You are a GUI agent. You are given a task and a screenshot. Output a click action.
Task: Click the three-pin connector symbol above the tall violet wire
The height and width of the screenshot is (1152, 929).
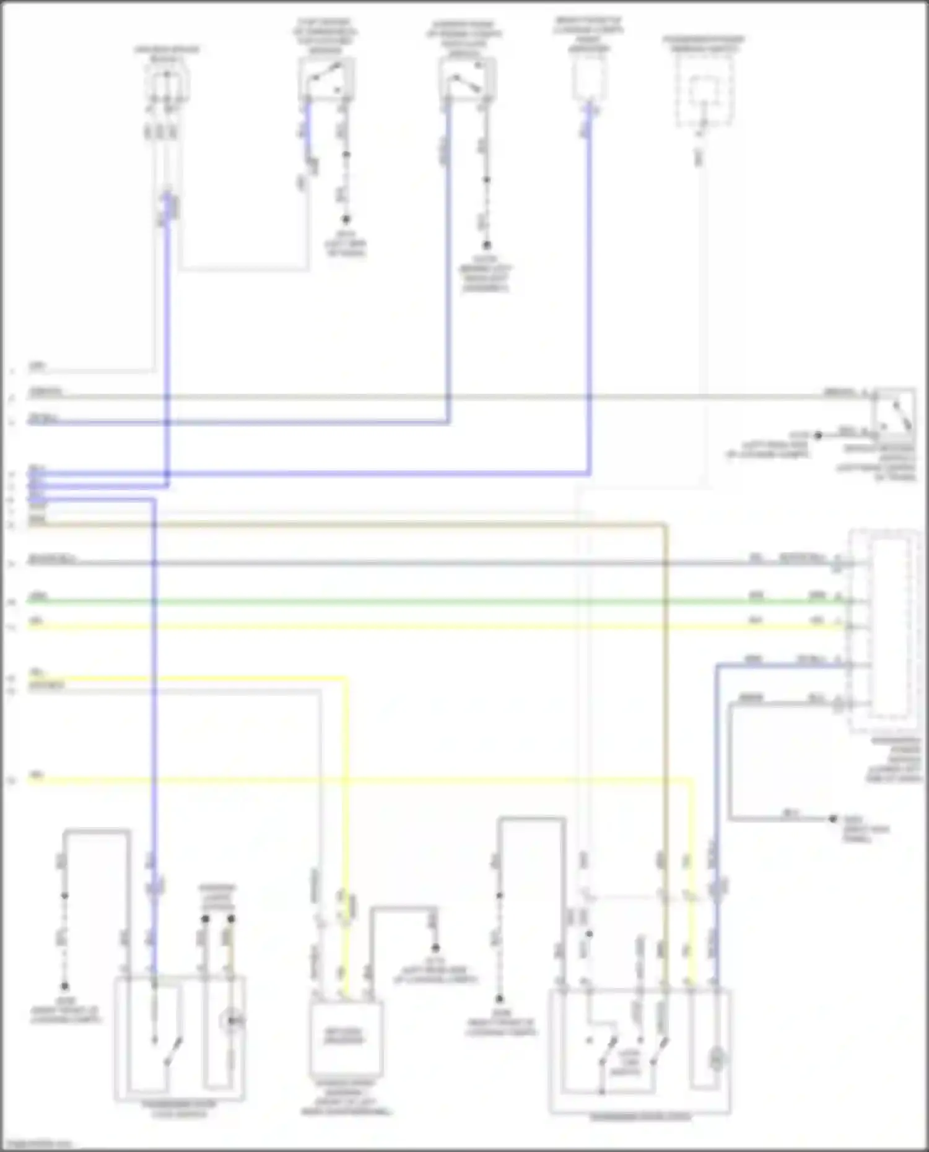tap(167, 84)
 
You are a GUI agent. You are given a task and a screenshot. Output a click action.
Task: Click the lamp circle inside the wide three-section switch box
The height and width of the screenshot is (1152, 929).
tap(716, 1059)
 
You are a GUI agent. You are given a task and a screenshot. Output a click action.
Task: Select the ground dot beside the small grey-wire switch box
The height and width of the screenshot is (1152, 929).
tap(818, 435)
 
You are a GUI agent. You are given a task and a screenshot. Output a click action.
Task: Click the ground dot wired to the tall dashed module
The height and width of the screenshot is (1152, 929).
tap(834, 818)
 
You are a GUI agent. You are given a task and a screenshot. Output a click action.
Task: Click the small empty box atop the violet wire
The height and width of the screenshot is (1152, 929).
tap(589, 80)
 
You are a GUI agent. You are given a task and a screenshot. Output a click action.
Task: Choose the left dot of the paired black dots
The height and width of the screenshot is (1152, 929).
tap(205, 919)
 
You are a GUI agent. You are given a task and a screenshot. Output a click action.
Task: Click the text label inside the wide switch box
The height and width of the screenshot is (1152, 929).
tap(629, 1060)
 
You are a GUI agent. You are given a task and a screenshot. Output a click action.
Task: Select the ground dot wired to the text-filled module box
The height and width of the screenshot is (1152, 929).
tap(435, 948)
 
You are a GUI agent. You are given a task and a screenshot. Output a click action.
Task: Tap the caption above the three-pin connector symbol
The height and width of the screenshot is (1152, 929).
tap(167, 53)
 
